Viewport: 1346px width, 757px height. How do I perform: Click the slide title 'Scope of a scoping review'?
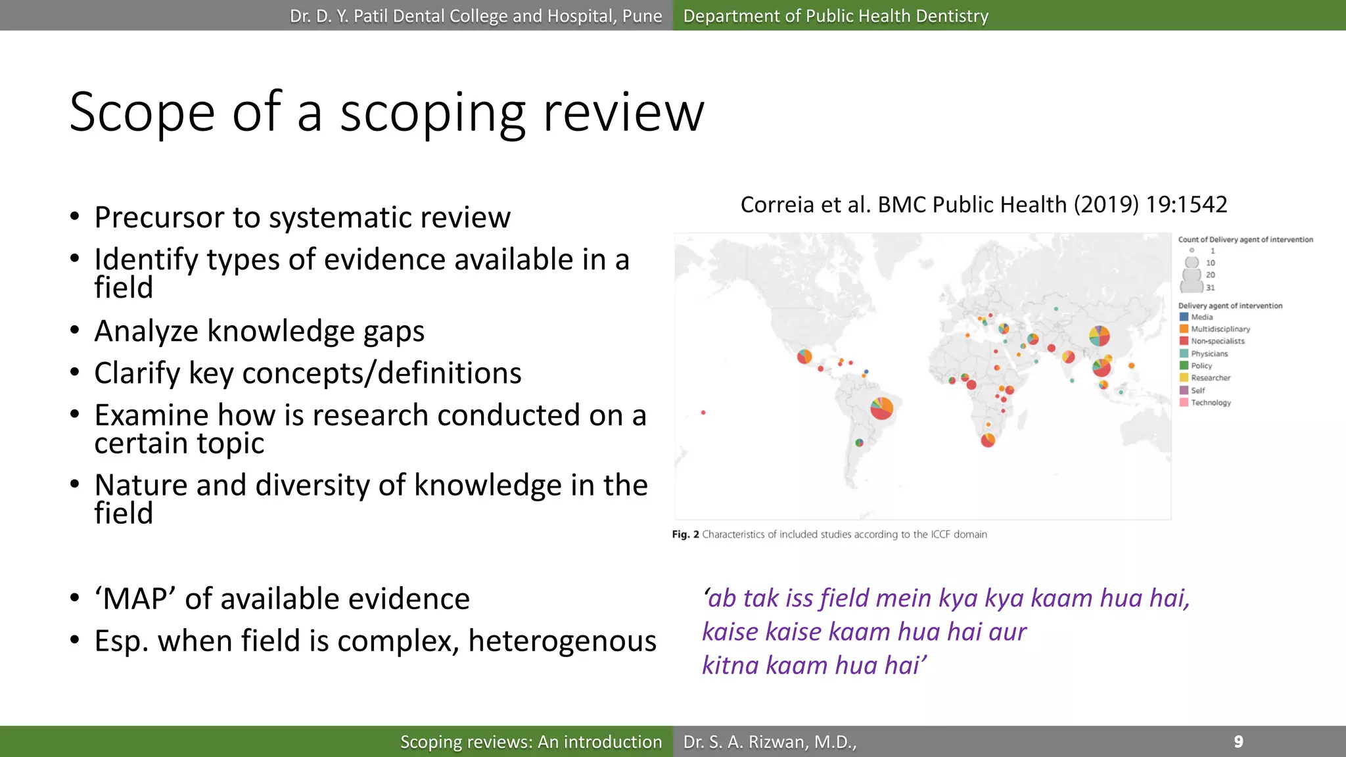click(x=386, y=112)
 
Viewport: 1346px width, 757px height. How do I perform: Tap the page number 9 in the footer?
click(x=1238, y=742)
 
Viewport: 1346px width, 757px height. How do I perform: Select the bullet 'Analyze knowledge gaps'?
click(x=259, y=331)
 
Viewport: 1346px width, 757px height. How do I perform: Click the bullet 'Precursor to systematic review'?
click(x=302, y=218)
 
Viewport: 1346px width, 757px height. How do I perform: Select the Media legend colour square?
click(x=1184, y=317)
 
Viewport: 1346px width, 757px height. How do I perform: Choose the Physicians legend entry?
click(x=1209, y=354)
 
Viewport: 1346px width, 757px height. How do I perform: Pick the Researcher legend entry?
click(x=1210, y=378)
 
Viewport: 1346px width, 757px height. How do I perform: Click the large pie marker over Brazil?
click(x=881, y=408)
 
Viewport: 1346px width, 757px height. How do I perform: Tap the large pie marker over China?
click(x=1099, y=336)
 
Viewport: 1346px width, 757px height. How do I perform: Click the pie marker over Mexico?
click(x=804, y=357)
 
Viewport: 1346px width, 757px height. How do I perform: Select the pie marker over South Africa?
click(x=987, y=440)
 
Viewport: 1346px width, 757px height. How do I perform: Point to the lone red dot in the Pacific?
click(x=703, y=413)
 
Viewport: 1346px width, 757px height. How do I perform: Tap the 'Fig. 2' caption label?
click(x=685, y=535)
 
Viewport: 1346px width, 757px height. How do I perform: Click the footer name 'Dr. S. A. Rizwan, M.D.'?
click(x=769, y=742)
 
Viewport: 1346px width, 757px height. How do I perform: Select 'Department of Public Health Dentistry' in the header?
click(x=835, y=16)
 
